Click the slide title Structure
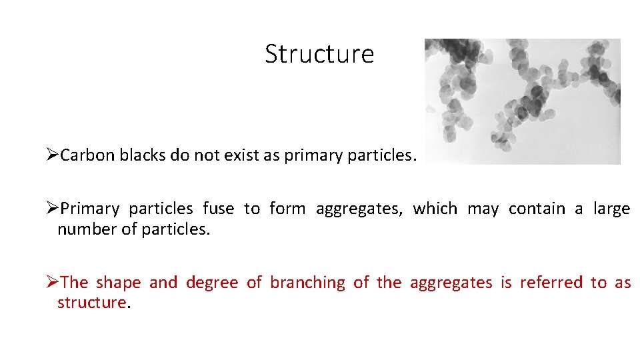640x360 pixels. click(x=319, y=54)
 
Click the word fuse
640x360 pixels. click(x=218, y=209)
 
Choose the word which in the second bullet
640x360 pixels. click(x=435, y=209)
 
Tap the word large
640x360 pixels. click(x=611, y=209)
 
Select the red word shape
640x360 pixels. click(x=118, y=283)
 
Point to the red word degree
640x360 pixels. click(x=211, y=283)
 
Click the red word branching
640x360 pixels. click(x=307, y=283)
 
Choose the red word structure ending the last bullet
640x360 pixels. click(x=91, y=303)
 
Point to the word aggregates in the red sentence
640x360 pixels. click(x=451, y=283)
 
